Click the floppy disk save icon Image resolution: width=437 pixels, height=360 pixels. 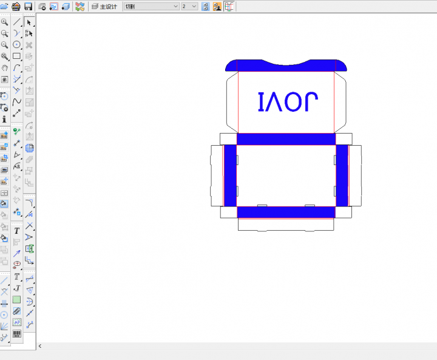(28, 7)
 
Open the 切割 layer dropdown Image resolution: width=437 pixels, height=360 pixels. (151, 7)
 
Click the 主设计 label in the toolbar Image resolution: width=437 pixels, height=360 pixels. (104, 7)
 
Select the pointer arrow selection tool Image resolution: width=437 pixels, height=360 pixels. (29, 22)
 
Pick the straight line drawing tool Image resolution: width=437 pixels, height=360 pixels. (17, 22)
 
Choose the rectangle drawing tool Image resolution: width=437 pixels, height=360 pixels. (17, 56)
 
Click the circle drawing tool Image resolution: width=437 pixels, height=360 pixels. (17, 44)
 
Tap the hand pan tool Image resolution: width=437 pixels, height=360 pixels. (4, 68)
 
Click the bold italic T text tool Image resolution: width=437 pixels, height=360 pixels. (17, 231)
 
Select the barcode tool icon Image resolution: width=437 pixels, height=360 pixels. (17, 334)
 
